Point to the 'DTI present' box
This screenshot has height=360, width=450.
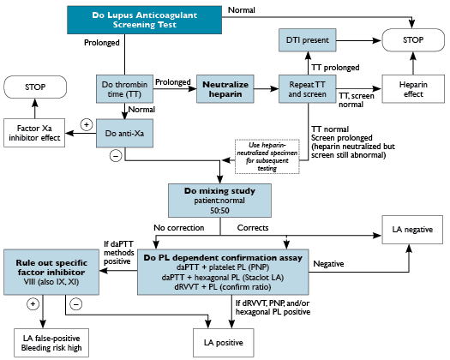(x=307, y=39)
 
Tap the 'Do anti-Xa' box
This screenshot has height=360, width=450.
(x=123, y=135)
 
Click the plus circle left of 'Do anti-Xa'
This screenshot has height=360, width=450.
(x=87, y=125)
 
